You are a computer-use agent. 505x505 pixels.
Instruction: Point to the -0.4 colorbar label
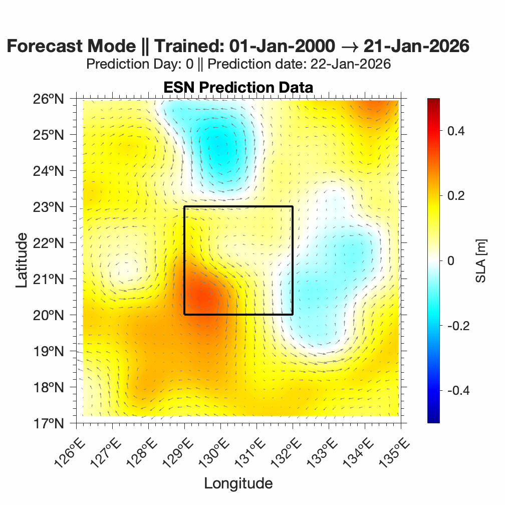pos(453,390)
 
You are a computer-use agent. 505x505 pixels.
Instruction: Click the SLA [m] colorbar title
pos(481,261)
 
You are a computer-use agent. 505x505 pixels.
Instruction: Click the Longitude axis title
pos(238,483)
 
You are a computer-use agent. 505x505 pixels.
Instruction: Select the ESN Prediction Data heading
pos(238,87)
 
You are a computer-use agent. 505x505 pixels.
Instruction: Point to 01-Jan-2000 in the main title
pos(282,46)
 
